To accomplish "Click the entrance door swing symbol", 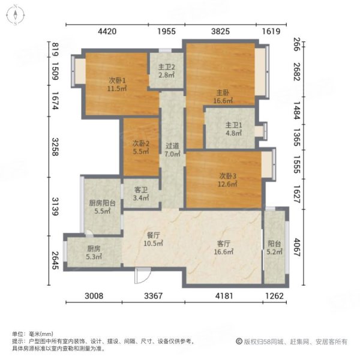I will (142, 277).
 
